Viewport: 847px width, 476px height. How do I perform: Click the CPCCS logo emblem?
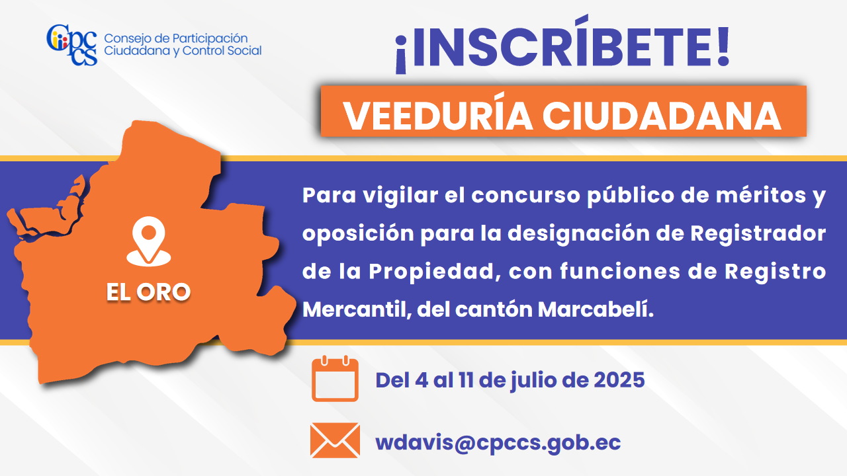(72, 44)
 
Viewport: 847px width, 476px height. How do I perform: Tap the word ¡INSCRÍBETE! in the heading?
(562, 44)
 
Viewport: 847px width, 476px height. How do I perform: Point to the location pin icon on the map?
(149, 241)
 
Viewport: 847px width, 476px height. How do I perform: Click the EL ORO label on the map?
(148, 292)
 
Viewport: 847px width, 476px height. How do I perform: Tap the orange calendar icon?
(335, 379)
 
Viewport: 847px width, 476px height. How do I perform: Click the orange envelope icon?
(335, 440)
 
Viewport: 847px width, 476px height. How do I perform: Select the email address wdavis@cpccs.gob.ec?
(498, 443)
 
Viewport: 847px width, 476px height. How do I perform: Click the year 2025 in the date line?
(619, 380)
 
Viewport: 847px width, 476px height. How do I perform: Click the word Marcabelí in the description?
(596, 309)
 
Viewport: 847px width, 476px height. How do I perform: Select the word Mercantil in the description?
(357, 310)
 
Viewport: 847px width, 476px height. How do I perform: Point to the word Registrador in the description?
(758, 233)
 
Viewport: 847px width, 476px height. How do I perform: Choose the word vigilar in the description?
(400, 196)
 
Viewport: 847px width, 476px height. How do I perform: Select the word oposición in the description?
(358, 233)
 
